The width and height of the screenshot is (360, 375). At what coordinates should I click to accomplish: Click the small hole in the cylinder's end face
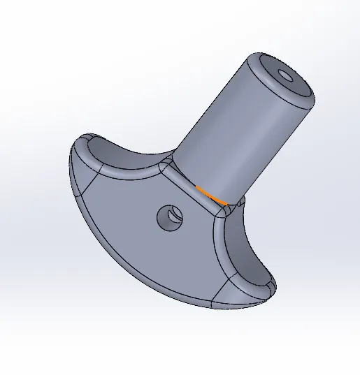pos(286,74)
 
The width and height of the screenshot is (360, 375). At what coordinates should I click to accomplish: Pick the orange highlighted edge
pos(211,196)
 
